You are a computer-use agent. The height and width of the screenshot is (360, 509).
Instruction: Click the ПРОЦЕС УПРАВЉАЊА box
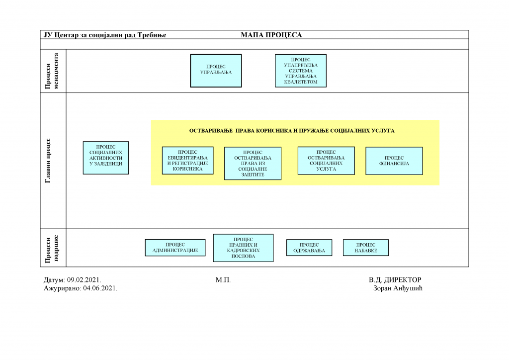click(x=216, y=71)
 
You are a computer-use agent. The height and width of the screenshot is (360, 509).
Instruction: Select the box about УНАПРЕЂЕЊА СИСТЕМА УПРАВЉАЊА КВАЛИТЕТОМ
click(x=301, y=71)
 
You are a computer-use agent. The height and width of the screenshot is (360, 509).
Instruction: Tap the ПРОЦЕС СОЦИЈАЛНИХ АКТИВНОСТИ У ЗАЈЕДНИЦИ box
click(x=106, y=158)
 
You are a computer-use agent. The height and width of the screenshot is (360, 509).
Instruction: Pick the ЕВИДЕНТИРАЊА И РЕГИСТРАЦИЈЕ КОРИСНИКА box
click(x=187, y=161)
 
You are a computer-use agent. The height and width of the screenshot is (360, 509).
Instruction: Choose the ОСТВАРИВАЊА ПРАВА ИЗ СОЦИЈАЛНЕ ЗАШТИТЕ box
click(x=253, y=163)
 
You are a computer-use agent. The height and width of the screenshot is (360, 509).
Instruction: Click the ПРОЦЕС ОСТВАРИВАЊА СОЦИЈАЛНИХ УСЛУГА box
click(x=326, y=161)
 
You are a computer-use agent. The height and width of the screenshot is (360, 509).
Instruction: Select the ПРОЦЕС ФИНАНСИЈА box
click(x=394, y=161)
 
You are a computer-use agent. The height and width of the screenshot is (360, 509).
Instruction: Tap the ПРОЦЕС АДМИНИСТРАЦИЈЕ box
click(x=175, y=248)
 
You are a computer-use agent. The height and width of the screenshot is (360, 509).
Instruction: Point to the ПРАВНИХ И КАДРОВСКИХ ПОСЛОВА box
click(x=243, y=248)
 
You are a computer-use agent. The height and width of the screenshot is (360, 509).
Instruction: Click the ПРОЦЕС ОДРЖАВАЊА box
click(x=309, y=248)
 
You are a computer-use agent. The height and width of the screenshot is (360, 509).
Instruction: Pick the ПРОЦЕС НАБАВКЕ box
click(x=366, y=248)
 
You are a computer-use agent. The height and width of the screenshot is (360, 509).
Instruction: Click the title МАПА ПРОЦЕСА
click(x=271, y=35)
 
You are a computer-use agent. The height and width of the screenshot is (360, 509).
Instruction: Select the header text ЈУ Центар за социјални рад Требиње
click(x=105, y=35)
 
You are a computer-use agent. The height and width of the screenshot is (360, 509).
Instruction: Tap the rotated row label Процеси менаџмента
click(x=52, y=71)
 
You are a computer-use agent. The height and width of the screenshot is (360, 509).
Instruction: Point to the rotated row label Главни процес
click(x=48, y=161)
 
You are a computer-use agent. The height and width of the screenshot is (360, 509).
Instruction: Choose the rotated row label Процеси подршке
click(x=52, y=248)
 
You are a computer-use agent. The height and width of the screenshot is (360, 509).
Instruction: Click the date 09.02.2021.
click(x=84, y=280)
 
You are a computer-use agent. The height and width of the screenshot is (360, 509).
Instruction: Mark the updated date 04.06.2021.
click(x=100, y=288)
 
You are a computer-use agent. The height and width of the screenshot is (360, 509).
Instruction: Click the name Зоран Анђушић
click(x=398, y=288)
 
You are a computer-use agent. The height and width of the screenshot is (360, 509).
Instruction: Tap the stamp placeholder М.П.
click(x=223, y=280)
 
